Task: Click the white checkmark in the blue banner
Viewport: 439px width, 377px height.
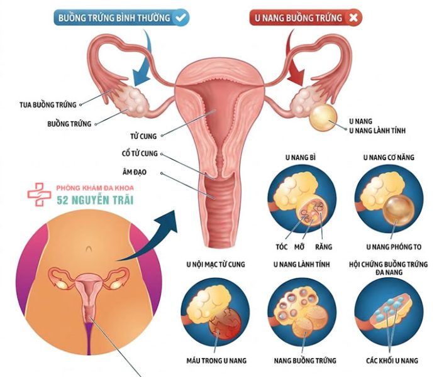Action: tap(181, 18)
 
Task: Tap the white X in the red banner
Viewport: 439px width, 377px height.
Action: tap(353, 18)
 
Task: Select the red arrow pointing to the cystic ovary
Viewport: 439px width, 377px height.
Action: tap(294, 60)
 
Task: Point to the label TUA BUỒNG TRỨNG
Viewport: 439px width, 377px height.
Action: tap(48, 105)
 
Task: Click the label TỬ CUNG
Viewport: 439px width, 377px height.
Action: tap(143, 136)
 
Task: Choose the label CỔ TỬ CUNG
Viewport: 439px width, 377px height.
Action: tap(140, 153)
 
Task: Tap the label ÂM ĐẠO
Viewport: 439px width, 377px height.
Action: tap(135, 172)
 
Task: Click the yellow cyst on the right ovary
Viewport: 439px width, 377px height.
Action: tap(323, 117)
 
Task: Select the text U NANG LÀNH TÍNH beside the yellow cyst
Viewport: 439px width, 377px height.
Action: tap(377, 131)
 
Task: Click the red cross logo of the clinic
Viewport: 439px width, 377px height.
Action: tap(39, 194)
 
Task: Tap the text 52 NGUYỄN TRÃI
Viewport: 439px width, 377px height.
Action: tap(95, 200)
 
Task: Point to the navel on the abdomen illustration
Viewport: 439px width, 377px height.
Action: tap(89, 248)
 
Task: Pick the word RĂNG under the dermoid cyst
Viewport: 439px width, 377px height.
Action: tap(323, 247)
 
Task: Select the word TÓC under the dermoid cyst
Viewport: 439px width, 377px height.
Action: tap(282, 247)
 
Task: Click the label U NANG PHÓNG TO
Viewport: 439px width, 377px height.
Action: tap(394, 247)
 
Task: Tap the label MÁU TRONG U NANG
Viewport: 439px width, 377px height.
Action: tap(216, 361)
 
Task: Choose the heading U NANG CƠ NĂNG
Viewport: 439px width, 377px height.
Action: tap(389, 158)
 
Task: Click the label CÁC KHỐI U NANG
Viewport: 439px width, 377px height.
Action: tap(392, 361)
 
